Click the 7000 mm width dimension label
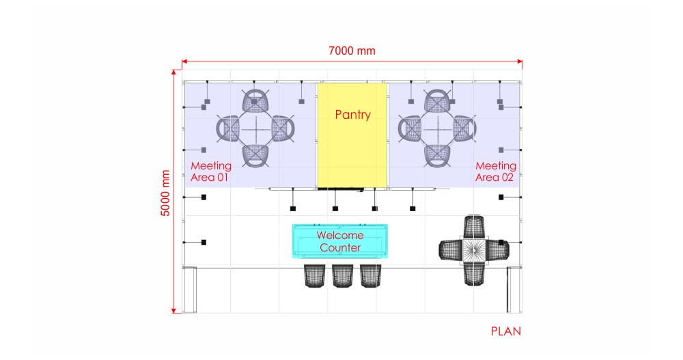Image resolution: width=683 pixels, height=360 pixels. (352, 51)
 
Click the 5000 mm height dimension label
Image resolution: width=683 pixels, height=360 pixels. (165, 193)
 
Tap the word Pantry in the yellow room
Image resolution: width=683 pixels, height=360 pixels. (353, 115)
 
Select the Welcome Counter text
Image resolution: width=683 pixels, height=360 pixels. (340, 241)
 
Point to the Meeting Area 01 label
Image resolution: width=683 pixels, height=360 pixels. (211, 171)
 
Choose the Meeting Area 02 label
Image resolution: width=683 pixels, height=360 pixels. (496, 171)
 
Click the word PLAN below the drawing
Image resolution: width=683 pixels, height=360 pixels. (505, 331)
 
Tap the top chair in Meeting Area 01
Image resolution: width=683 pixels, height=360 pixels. (255, 101)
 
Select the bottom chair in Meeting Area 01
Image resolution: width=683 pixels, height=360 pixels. (255, 156)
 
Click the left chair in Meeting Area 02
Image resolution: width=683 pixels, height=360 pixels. (409, 129)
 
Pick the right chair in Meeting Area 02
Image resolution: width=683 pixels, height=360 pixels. (464, 129)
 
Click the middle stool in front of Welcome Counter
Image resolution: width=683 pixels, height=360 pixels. (343, 276)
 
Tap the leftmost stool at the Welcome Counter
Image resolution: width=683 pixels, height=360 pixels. (314, 276)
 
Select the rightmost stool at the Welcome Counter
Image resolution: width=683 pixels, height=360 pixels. (371, 276)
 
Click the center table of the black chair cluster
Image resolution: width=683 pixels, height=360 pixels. (473, 250)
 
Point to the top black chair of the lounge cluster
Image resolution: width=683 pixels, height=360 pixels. (473, 226)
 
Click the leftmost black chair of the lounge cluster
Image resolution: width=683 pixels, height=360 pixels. (450, 250)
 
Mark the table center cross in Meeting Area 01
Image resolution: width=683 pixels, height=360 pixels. (255, 129)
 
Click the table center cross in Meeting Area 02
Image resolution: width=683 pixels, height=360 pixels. (437, 129)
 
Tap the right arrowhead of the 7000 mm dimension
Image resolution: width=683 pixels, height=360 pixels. (520, 61)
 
